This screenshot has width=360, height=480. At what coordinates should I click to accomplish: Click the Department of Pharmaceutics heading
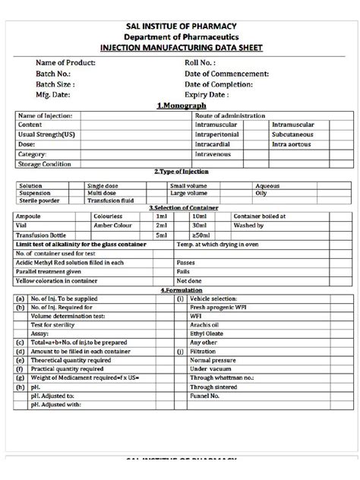tap(182, 36)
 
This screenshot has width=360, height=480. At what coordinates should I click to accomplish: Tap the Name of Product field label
tap(65, 62)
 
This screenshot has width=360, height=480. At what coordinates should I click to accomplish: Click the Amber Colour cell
tap(112, 226)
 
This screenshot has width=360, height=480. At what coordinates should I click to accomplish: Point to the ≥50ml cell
tap(201, 235)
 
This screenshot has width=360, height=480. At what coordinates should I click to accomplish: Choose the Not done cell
tap(189, 279)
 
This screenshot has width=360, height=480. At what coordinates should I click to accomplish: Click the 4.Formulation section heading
tap(180, 290)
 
